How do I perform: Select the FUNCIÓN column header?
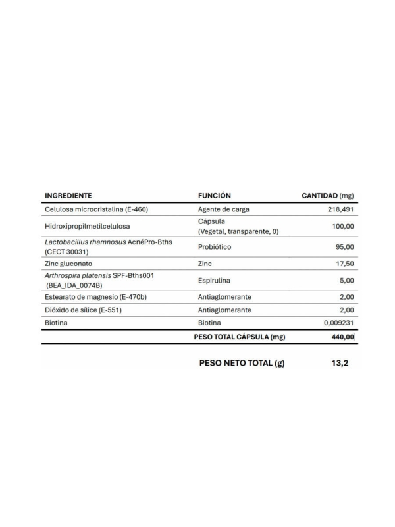point(214,196)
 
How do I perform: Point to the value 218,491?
point(340,209)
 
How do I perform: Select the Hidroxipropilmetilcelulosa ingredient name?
point(87,227)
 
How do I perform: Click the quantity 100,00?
point(343,227)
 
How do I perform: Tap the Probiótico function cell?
point(215,247)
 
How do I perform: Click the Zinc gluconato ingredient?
point(69,263)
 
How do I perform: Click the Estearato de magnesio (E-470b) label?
point(95,297)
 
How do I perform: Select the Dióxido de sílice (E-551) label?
point(84,310)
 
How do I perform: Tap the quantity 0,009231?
point(339,323)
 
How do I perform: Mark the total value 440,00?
point(342,337)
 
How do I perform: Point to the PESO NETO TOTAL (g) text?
point(242,363)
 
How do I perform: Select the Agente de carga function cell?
point(223,209)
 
